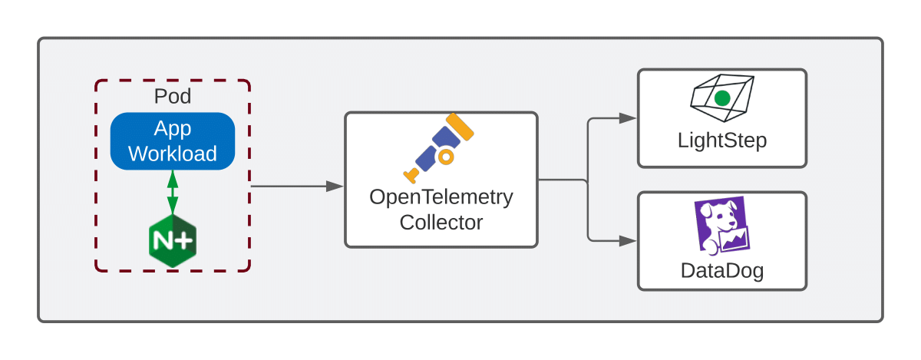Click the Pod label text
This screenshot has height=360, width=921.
click(173, 97)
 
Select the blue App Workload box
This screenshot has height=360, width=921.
click(173, 141)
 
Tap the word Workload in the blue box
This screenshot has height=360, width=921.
click(173, 154)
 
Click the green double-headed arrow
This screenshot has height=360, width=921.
click(173, 192)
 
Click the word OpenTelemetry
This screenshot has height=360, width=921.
click(441, 197)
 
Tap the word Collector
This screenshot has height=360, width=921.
click(441, 223)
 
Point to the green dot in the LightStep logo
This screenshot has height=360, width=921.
click(721, 98)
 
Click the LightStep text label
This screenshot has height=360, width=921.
click(722, 141)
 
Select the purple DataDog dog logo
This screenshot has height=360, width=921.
click(722, 226)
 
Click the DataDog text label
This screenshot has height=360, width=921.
click(722, 271)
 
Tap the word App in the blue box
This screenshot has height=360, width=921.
click(173, 128)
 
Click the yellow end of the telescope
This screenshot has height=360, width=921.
click(460, 126)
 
